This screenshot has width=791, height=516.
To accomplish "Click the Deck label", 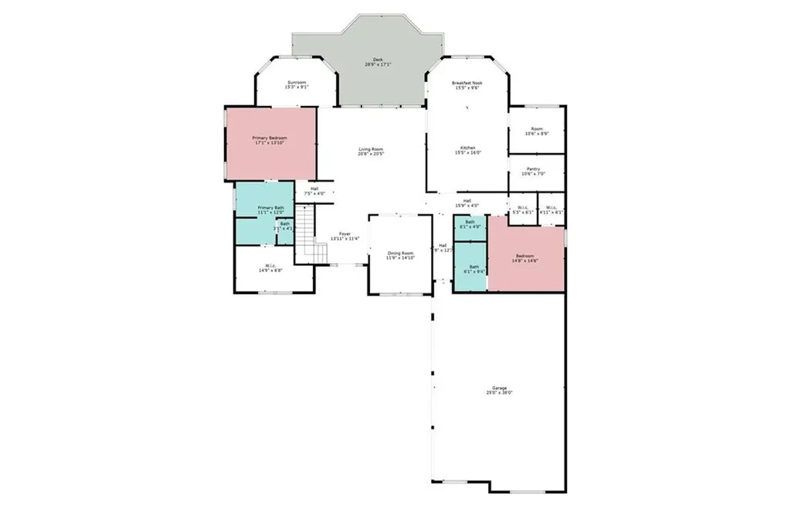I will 378,61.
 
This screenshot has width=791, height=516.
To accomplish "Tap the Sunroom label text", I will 297,84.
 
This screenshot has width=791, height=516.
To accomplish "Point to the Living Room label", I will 371,152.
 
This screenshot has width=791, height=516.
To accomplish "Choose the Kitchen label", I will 467,150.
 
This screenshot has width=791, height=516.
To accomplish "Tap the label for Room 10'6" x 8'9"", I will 536,132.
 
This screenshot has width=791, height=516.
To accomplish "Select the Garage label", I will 500,390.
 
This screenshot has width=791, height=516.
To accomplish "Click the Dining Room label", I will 400,255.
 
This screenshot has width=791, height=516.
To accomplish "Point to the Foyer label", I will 341,236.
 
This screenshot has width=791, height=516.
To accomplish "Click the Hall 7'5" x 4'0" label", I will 314,190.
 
